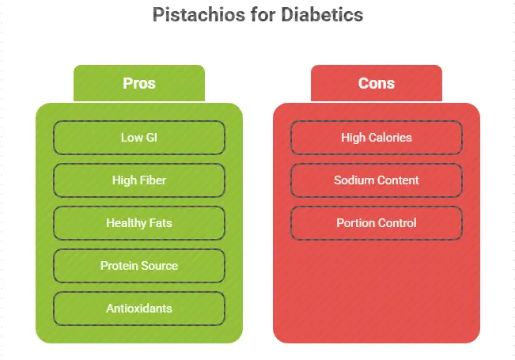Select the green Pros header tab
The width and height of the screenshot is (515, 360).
point(139,83)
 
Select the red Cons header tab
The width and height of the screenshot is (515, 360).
point(377,83)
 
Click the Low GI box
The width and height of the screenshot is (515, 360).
point(139,138)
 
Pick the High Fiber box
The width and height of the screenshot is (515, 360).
point(139,180)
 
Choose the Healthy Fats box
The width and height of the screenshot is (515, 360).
point(139,223)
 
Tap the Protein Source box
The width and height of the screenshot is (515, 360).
point(139,266)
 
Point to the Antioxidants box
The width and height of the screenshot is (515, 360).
point(139,309)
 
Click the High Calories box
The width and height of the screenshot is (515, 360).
point(377,138)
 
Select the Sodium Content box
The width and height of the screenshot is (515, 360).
point(377,180)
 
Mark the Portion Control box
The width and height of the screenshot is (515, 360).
point(377,223)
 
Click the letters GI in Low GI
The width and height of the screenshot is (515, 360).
point(151,138)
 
